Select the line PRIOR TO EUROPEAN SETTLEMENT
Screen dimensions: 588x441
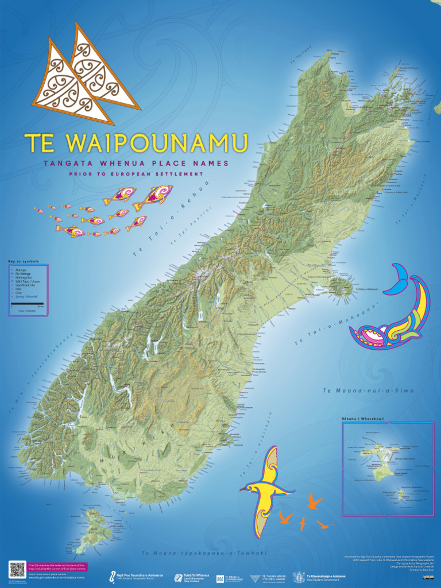pyautogui.click(x=136, y=174)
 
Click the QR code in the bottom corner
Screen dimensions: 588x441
pyautogui.click(x=17, y=570)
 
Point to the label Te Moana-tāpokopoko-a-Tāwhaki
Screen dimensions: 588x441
pyautogui.click(x=204, y=553)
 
